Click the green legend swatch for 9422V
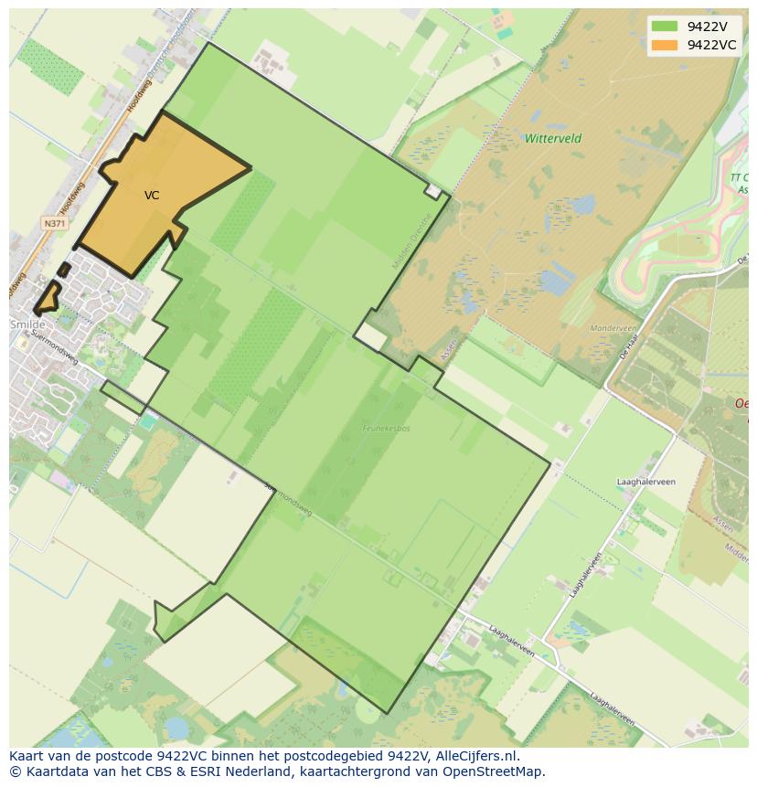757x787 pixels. pos(664,27)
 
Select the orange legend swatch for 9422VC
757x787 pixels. pos(664,45)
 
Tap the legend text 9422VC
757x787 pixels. pos(711,45)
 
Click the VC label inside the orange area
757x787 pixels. pos(152,196)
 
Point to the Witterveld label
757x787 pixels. pos(552,139)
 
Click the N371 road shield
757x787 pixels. pos(55,223)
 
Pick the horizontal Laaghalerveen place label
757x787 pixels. pos(645,481)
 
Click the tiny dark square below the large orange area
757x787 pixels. pos(64,270)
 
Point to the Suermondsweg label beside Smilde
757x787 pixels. pos(55,347)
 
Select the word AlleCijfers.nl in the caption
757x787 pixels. pos(476,756)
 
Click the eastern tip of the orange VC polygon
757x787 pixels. pos(249,167)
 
